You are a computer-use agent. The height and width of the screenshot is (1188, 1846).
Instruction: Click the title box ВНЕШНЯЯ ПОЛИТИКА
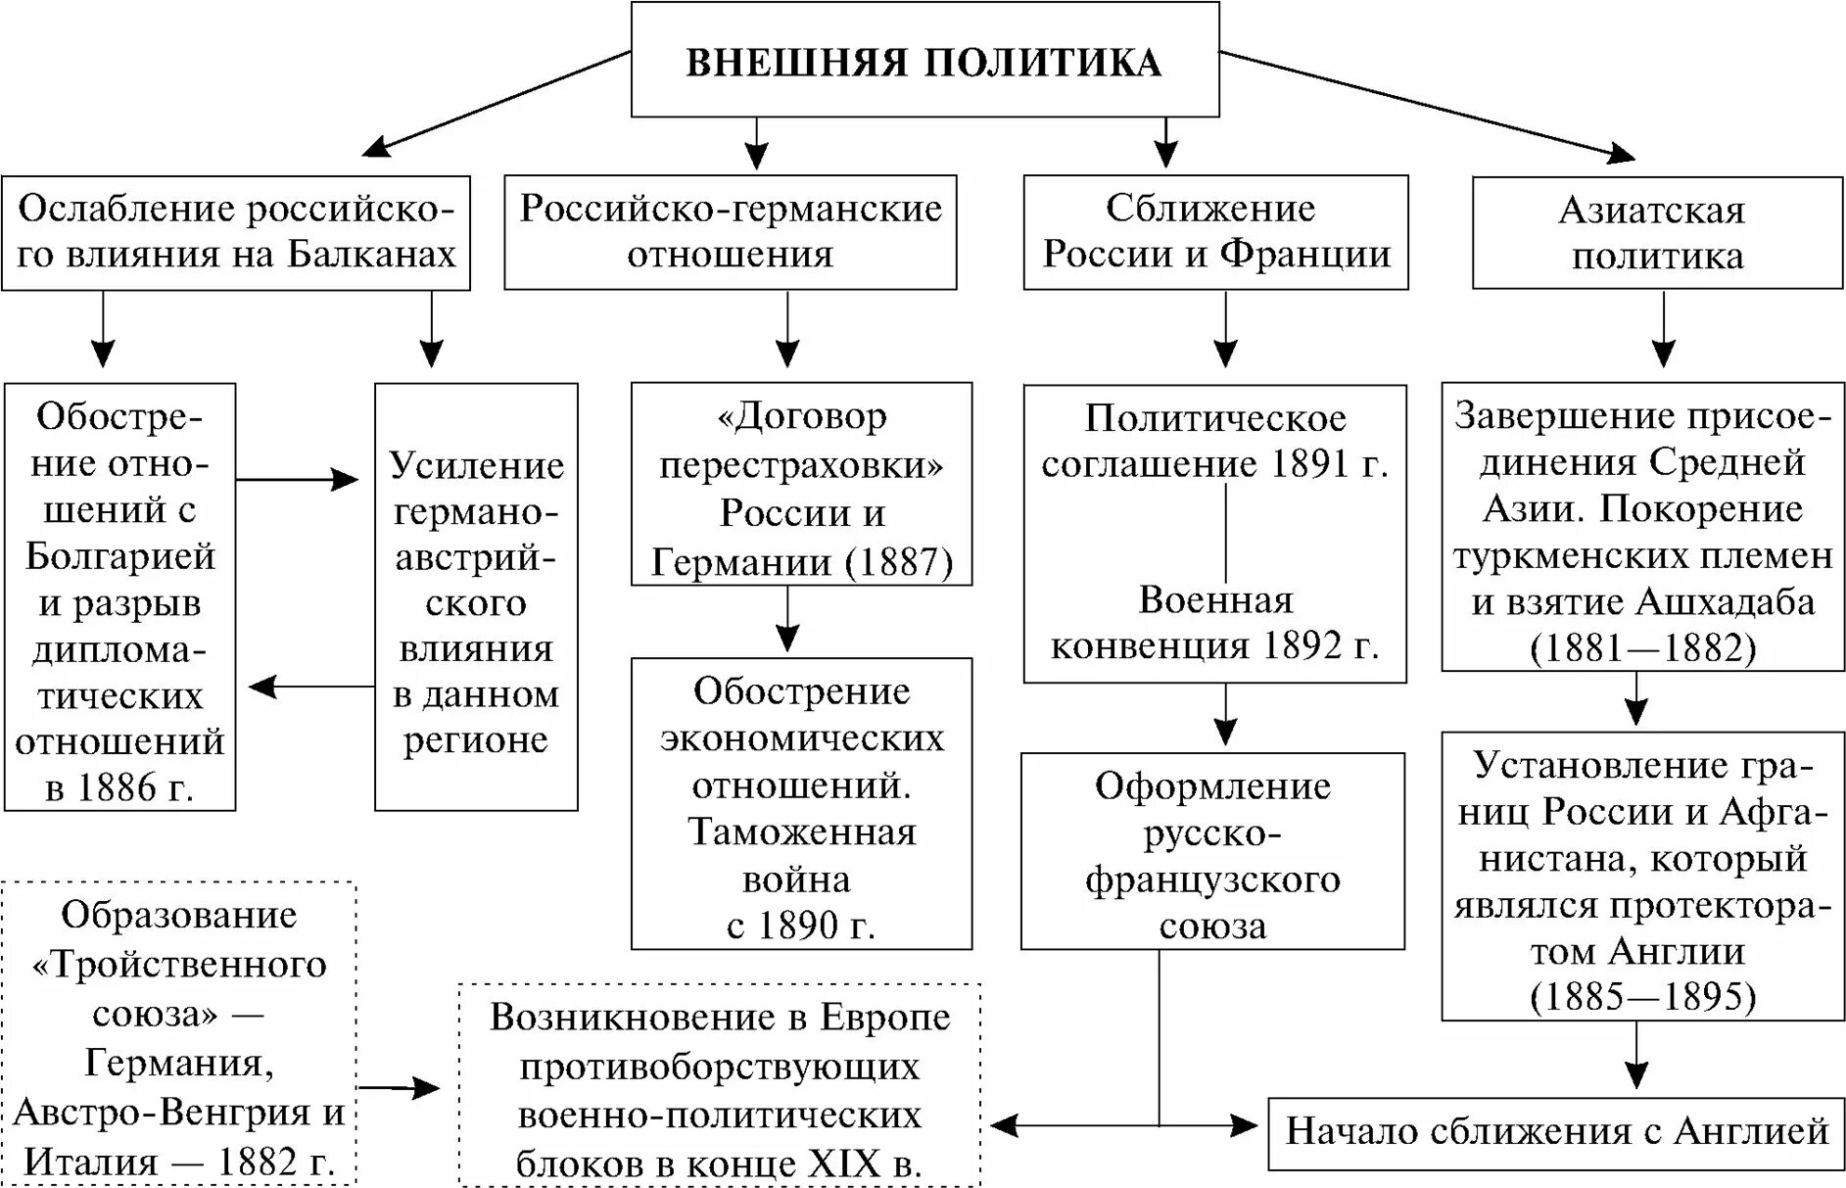point(924,61)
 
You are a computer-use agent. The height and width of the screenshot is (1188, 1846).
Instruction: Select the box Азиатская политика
point(1657,233)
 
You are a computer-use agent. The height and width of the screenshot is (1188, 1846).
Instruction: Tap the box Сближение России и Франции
point(1215,232)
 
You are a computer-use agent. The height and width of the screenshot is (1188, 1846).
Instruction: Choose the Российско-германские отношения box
point(730,232)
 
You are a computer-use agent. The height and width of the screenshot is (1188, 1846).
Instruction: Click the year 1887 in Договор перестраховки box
point(900,562)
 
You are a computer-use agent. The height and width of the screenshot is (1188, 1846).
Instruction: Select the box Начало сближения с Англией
point(1556,1132)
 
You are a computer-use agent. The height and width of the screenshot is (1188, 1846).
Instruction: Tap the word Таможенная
point(801,832)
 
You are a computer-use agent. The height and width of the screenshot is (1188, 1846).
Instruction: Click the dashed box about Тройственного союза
point(178,1034)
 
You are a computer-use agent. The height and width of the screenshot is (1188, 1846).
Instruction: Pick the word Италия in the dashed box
point(90,1162)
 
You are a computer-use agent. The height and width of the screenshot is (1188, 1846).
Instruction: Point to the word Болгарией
point(120,556)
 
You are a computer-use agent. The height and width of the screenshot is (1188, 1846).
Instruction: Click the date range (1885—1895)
point(1642,996)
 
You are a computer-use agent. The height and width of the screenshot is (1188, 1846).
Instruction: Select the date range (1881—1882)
point(1642,647)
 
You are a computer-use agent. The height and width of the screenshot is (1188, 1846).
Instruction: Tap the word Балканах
point(372,255)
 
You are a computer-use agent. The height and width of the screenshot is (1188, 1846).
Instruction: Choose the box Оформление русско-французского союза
point(1212,852)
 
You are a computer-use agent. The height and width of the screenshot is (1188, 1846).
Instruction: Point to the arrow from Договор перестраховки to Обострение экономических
point(787,620)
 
